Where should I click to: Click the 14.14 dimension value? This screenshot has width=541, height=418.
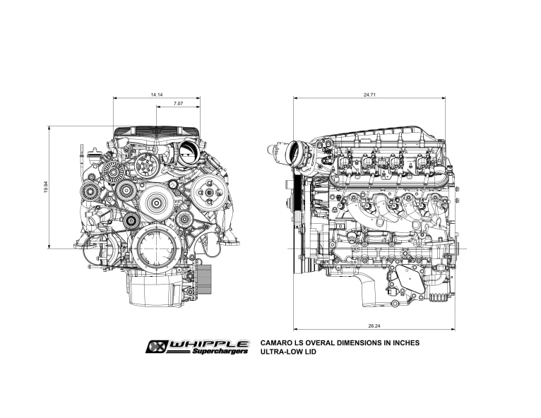(157, 95)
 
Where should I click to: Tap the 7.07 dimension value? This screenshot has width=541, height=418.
(179, 104)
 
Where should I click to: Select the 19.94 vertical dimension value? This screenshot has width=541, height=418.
(46, 187)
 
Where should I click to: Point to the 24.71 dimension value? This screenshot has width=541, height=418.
(369, 95)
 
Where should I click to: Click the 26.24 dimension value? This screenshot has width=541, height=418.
(374, 326)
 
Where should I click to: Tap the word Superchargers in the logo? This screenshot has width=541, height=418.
(220, 351)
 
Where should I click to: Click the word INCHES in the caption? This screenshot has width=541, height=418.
(407, 343)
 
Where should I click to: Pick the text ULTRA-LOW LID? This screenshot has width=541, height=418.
(288, 352)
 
